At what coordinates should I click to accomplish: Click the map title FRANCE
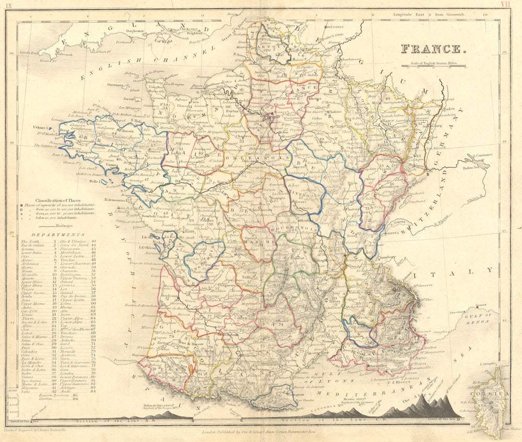point(433,49)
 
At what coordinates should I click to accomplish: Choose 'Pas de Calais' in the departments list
point(32,246)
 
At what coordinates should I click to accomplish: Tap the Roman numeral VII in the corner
point(504,4)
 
